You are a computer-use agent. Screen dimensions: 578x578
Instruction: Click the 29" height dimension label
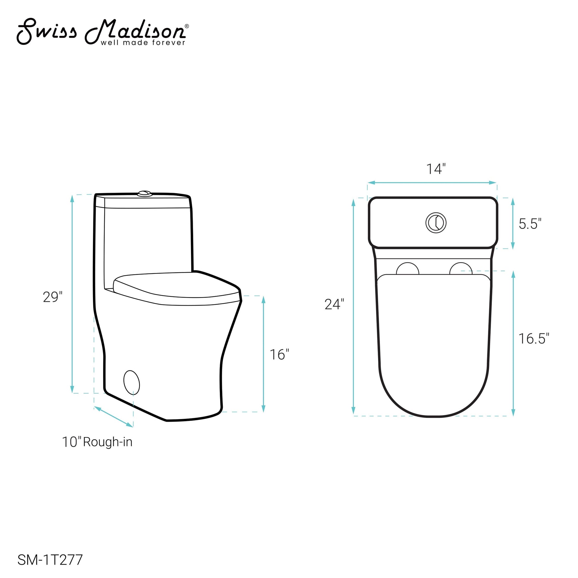[x=53, y=297]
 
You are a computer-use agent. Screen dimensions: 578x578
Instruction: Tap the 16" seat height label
[x=279, y=355]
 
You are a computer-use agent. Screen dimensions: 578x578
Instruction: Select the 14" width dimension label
[x=436, y=169]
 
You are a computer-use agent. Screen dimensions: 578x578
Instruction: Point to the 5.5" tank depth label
[x=530, y=224]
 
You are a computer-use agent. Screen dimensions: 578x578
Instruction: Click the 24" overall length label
[x=334, y=304]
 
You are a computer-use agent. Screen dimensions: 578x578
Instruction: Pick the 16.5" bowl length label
[x=534, y=339]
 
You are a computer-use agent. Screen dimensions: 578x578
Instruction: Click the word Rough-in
[x=108, y=442]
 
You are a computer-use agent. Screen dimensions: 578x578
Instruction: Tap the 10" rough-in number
[x=72, y=442]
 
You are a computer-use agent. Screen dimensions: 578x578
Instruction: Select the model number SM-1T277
[x=50, y=560]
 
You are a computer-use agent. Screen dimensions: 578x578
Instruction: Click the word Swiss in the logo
[x=46, y=31]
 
